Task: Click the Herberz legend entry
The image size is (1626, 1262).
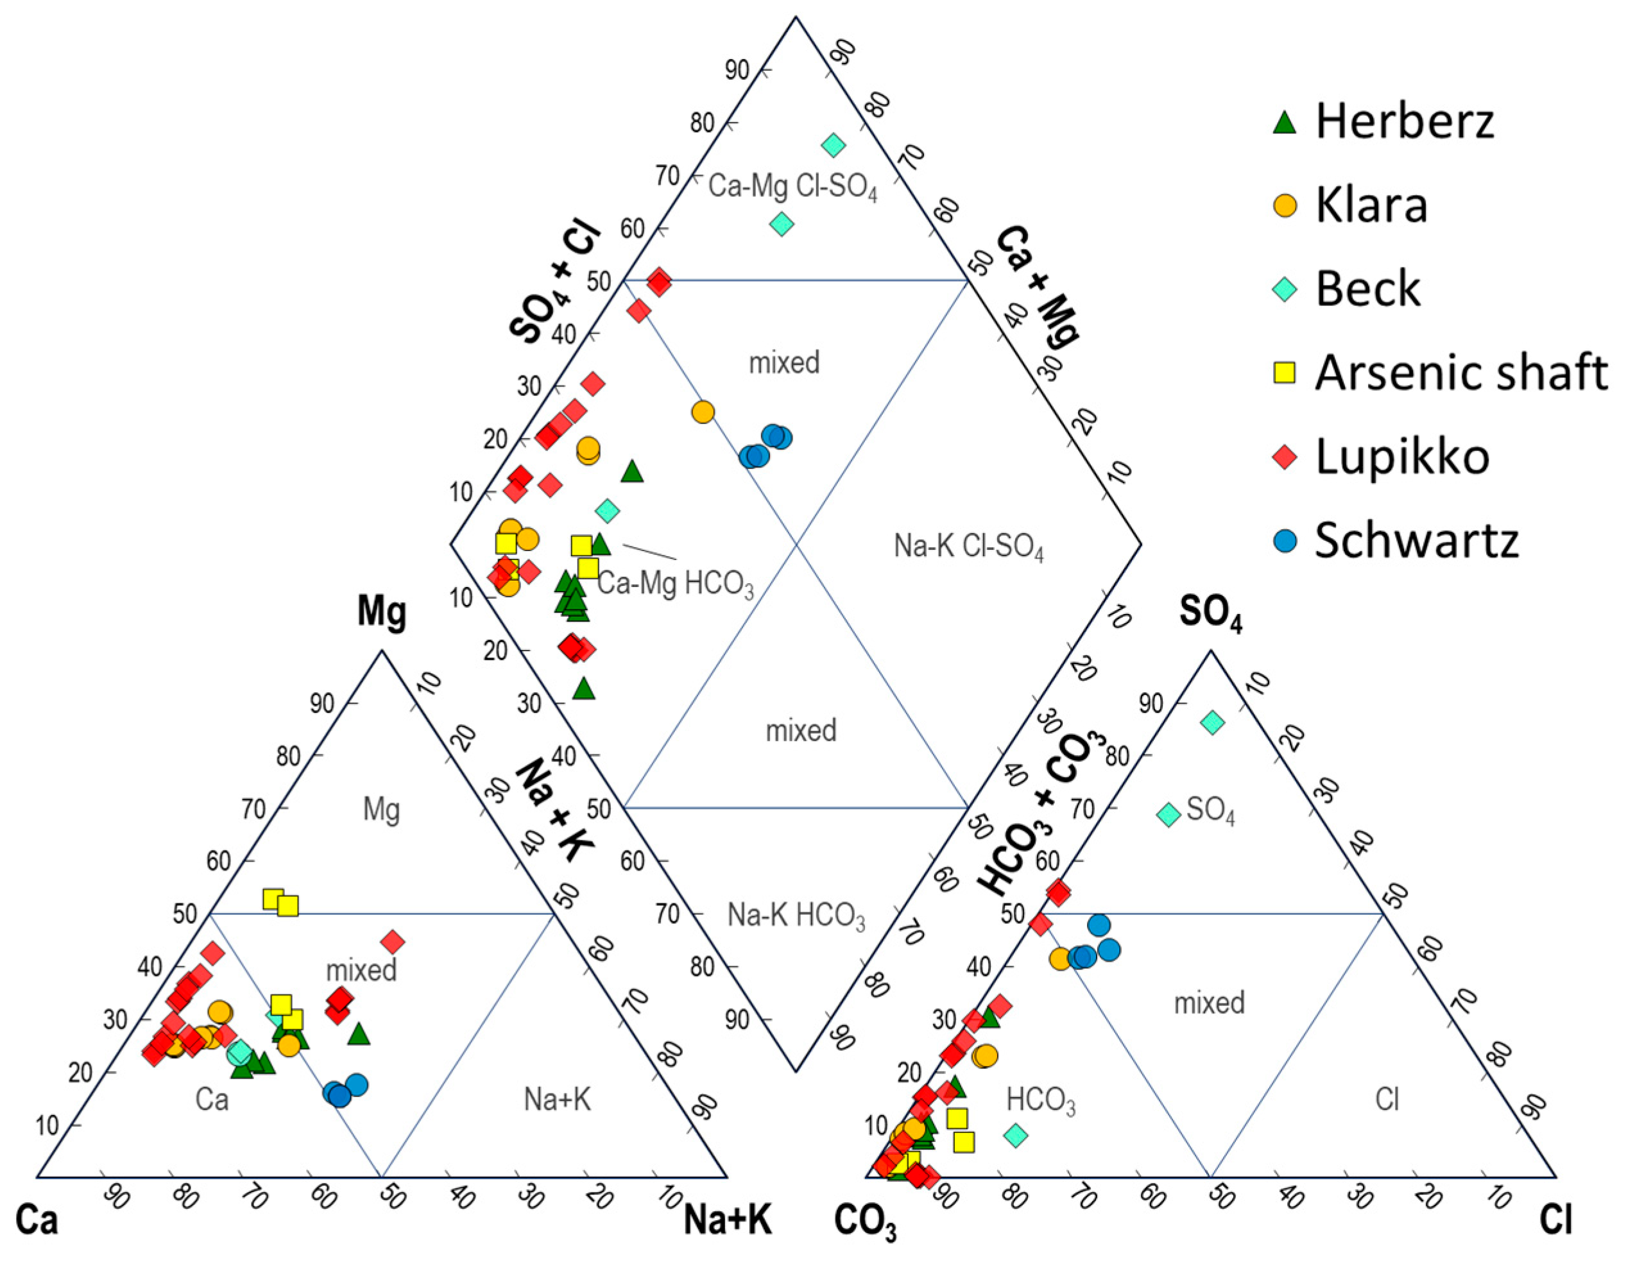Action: (1403, 121)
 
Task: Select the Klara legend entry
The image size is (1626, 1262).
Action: (1371, 205)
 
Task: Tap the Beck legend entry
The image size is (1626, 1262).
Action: (1367, 289)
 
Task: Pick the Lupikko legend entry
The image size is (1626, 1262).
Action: (1401, 456)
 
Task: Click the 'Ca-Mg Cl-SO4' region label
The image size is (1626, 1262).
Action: (792, 186)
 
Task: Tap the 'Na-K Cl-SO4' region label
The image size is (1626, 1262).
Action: (968, 547)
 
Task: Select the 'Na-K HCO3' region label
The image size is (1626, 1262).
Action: (796, 916)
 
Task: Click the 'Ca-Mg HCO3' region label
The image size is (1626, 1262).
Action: (675, 584)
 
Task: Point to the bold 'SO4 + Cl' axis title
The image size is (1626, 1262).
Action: (556, 283)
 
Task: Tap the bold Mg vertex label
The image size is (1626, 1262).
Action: (382, 612)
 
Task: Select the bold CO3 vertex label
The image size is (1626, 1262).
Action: (864, 1222)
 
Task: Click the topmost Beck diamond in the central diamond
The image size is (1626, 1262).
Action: (834, 145)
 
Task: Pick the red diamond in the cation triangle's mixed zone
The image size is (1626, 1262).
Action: (393, 942)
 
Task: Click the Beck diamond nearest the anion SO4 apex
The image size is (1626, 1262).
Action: (1213, 721)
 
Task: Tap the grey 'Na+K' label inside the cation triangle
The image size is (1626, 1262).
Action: (557, 1100)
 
